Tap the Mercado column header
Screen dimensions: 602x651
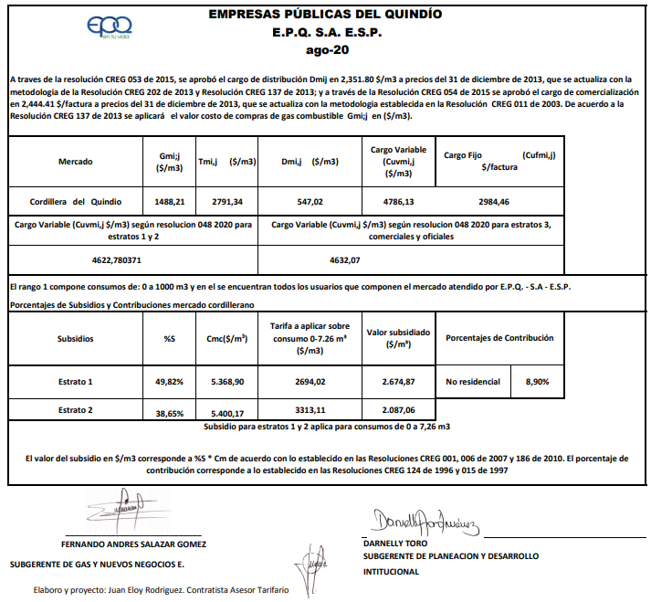pos(75,162)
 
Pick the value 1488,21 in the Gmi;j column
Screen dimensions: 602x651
pos(170,201)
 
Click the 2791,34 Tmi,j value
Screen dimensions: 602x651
pos(221,201)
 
